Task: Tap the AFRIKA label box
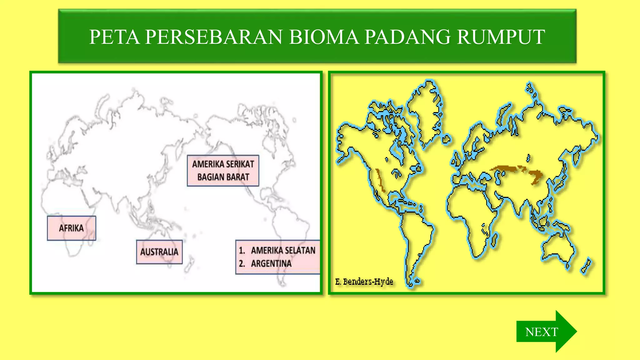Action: (x=72, y=228)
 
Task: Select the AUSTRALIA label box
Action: (x=159, y=252)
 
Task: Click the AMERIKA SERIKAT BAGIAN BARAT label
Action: (x=223, y=171)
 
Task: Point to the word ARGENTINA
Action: (x=271, y=264)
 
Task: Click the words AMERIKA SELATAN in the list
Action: (x=283, y=250)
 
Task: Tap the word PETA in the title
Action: (x=114, y=37)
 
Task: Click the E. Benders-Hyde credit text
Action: (x=364, y=282)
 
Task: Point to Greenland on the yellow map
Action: (x=427, y=112)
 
